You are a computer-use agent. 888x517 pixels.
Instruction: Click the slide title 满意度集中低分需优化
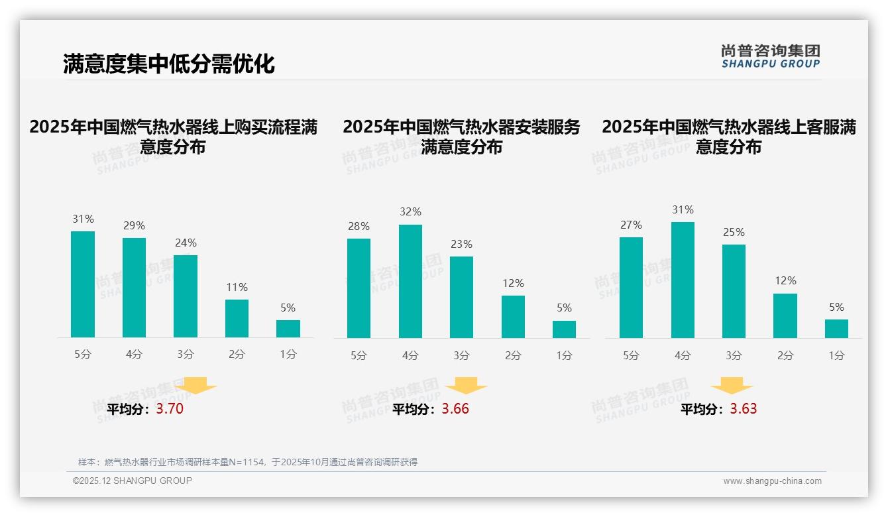click(x=168, y=64)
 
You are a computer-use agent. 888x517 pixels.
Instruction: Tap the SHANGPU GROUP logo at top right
click(x=771, y=56)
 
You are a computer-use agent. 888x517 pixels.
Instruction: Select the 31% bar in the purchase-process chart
click(x=83, y=284)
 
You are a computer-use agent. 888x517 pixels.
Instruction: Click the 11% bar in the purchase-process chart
click(x=237, y=319)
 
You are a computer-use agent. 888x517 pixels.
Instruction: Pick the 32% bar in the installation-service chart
click(x=410, y=282)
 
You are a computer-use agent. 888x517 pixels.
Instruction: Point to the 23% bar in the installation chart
click(x=461, y=298)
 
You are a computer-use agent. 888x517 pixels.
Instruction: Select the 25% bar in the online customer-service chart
click(x=734, y=292)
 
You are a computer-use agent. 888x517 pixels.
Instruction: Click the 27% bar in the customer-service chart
click(x=631, y=288)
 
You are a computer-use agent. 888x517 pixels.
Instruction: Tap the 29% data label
click(x=134, y=226)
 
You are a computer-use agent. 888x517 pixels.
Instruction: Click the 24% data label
click(x=186, y=243)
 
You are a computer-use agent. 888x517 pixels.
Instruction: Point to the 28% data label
click(x=359, y=227)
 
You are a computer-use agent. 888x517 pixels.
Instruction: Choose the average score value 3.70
click(x=170, y=409)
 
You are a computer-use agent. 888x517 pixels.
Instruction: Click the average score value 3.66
click(x=455, y=409)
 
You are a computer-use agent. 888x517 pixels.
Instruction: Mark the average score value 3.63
click(x=744, y=409)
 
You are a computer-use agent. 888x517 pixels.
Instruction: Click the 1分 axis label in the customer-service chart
click(x=836, y=356)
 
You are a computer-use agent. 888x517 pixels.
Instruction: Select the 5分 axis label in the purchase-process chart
click(x=83, y=355)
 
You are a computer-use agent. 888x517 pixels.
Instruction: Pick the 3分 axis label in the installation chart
click(x=461, y=356)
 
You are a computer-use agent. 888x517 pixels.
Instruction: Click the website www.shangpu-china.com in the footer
click(x=772, y=481)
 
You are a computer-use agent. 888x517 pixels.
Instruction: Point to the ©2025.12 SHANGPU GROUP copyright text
click(x=133, y=481)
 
